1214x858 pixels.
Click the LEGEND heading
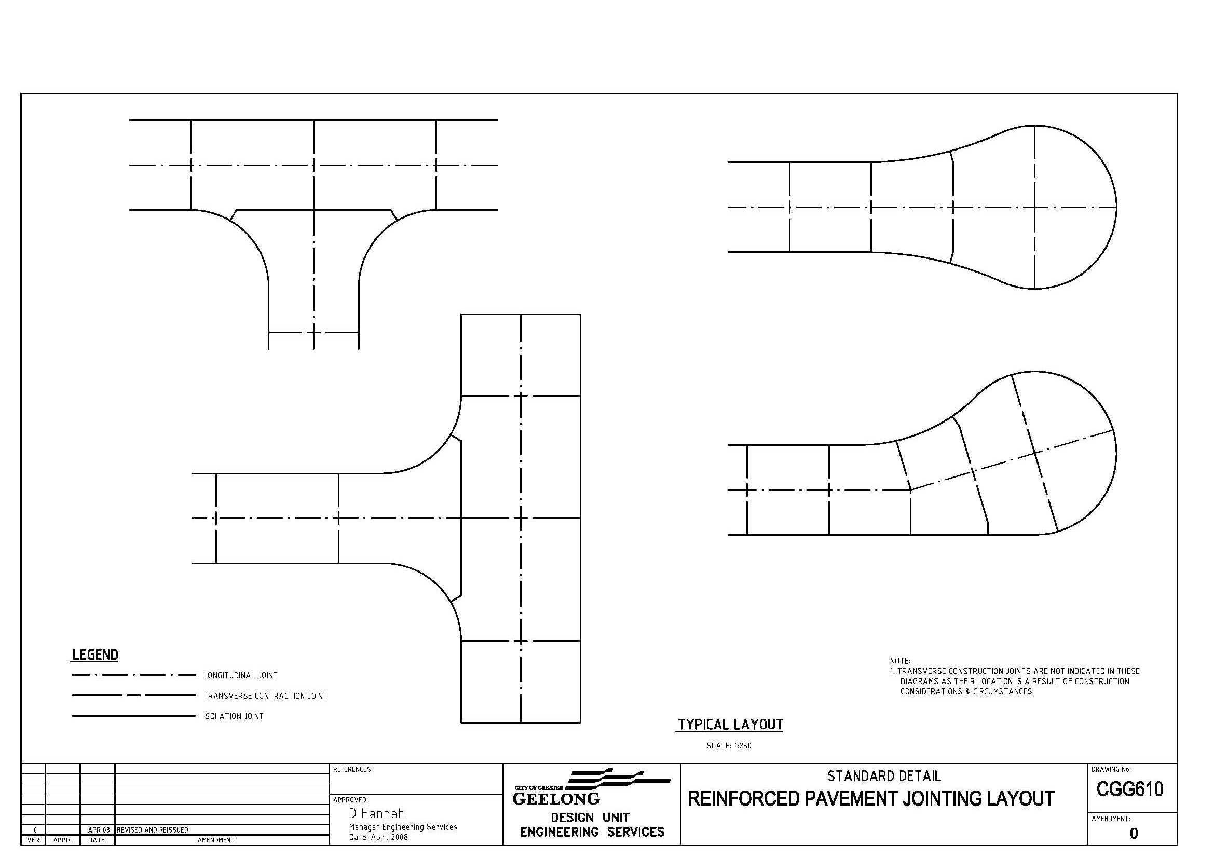95,655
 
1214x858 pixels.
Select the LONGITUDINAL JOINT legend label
241,675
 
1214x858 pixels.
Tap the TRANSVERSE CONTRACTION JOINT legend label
265,696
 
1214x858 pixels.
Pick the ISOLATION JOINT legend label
233,716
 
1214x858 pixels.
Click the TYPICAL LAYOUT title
730,724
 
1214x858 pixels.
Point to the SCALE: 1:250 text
729,746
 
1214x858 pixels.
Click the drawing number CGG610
1130,789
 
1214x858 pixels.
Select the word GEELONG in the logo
556,799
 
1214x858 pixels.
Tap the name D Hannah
376,813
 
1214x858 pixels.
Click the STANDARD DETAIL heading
884,776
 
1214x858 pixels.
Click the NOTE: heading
900,661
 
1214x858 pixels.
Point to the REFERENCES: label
352,770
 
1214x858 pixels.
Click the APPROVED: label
350,800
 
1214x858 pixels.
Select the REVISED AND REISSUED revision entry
152,830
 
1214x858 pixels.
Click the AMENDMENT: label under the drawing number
1111,819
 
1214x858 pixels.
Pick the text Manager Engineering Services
403,827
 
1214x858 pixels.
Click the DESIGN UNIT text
590,818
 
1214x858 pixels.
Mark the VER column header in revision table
33,840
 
